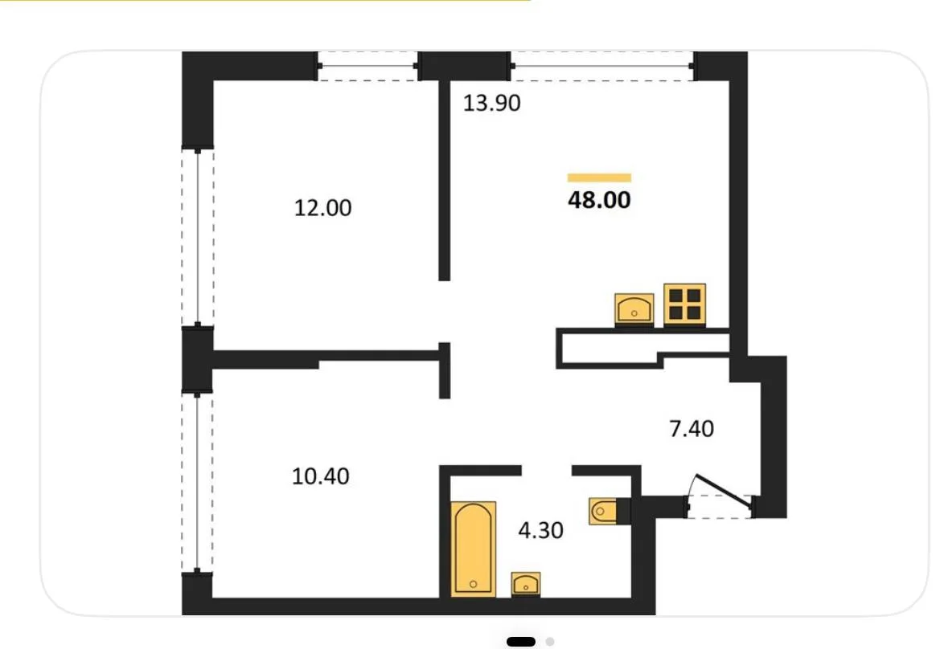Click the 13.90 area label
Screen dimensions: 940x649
(x=491, y=103)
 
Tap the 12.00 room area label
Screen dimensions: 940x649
(x=322, y=208)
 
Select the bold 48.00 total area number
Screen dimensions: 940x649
(x=599, y=200)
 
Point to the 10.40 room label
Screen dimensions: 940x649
(x=320, y=476)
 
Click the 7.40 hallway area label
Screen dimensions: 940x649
(x=692, y=429)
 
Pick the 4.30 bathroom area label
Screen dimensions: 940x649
(x=540, y=530)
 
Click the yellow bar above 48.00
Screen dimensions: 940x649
(x=599, y=178)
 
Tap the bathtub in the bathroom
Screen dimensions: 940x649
(x=473, y=549)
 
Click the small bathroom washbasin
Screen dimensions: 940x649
(x=526, y=584)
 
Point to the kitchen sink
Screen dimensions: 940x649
(x=634, y=309)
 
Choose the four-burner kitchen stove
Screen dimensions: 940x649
(x=684, y=304)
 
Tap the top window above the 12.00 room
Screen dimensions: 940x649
(x=367, y=67)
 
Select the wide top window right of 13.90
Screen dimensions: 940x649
(x=602, y=67)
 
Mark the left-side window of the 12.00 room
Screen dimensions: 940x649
(x=198, y=237)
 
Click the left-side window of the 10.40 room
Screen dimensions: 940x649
(x=197, y=483)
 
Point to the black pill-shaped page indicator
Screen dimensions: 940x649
(x=521, y=642)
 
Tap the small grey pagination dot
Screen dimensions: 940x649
(x=550, y=642)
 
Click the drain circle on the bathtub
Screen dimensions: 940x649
(x=473, y=584)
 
